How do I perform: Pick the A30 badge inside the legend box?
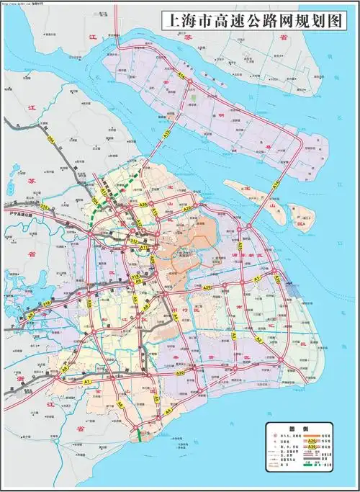[311, 447]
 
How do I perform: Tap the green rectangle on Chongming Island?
[194, 97]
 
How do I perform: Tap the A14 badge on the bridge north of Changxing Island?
[276, 184]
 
